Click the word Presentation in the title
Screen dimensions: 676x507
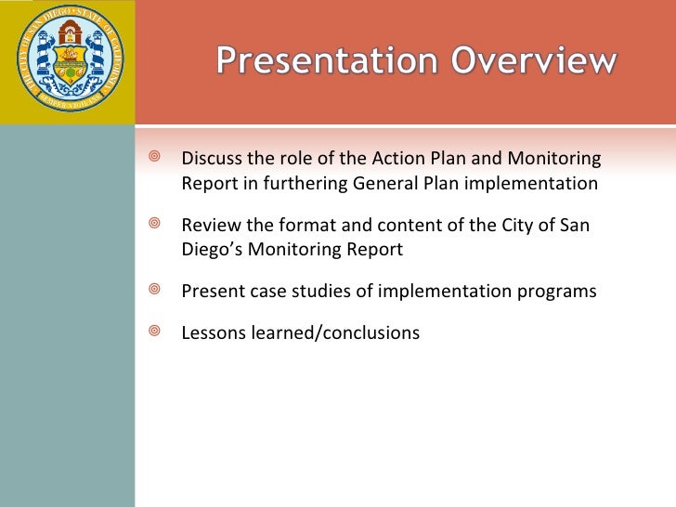click(x=327, y=60)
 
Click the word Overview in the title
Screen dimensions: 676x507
click(x=534, y=60)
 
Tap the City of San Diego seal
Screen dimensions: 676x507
click(x=71, y=58)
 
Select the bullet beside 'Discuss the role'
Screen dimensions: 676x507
click(x=154, y=156)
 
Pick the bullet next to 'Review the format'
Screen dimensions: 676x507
click(x=154, y=223)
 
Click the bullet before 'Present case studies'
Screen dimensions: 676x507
click(x=154, y=289)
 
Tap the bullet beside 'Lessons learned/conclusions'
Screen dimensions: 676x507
click(x=154, y=331)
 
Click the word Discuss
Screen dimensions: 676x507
click(x=212, y=158)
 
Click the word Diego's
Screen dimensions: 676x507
click(x=212, y=250)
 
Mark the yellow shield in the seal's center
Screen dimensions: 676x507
click(x=71, y=64)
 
